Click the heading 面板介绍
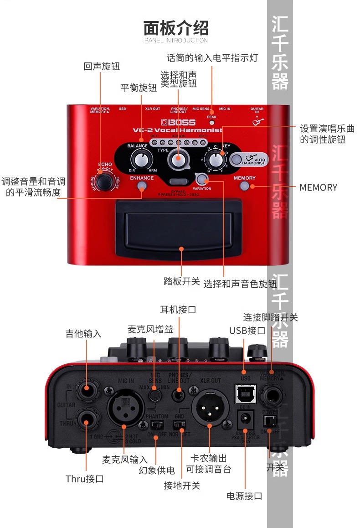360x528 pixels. [176, 28]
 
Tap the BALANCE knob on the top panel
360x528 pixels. [140, 160]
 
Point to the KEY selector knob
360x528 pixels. [214, 160]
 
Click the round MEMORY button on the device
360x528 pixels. [245, 186]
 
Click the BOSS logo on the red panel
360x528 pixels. [179, 122]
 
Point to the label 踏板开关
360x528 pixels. [182, 281]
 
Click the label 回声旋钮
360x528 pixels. [102, 67]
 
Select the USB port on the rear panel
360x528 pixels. [245, 393]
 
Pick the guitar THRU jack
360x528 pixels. [86, 417]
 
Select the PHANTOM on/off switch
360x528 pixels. [156, 425]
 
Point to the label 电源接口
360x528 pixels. [244, 496]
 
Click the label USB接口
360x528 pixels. [247, 331]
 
